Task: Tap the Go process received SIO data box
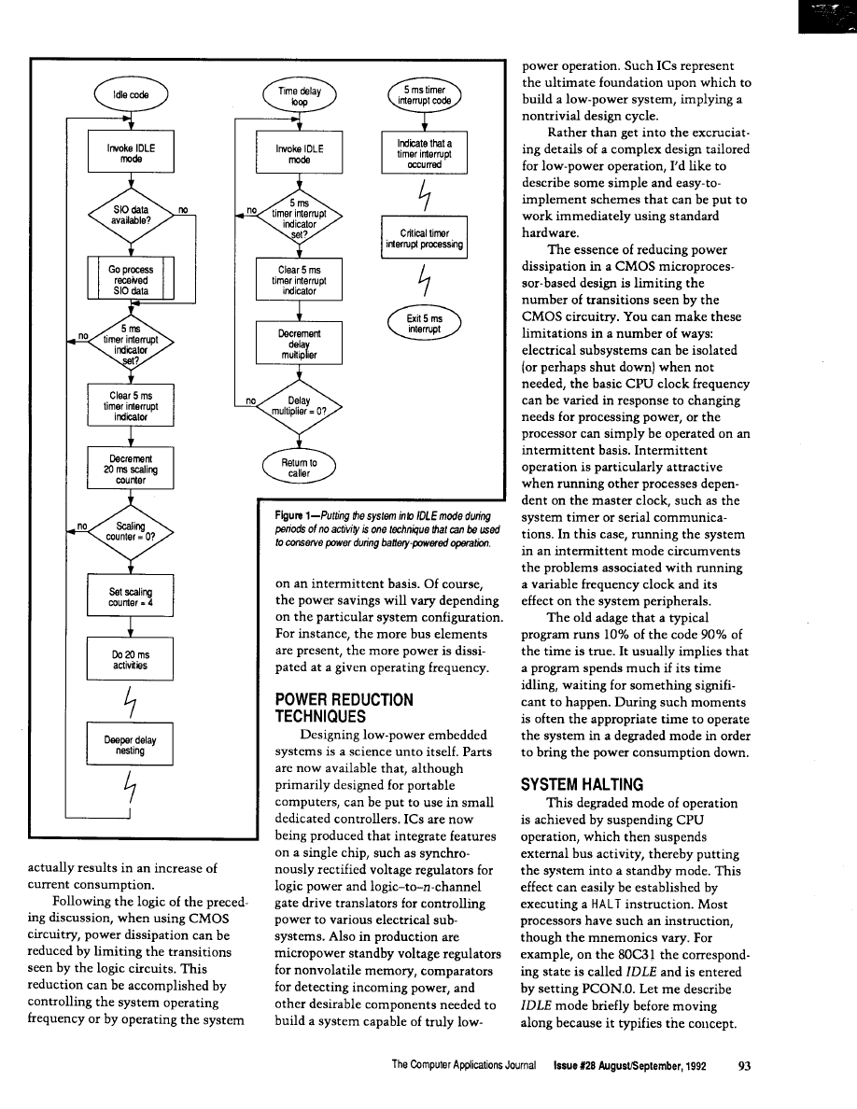[x=131, y=277]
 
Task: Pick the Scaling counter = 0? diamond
[x=131, y=533]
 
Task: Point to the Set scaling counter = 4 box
[x=131, y=597]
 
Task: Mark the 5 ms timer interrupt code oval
[x=425, y=95]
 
